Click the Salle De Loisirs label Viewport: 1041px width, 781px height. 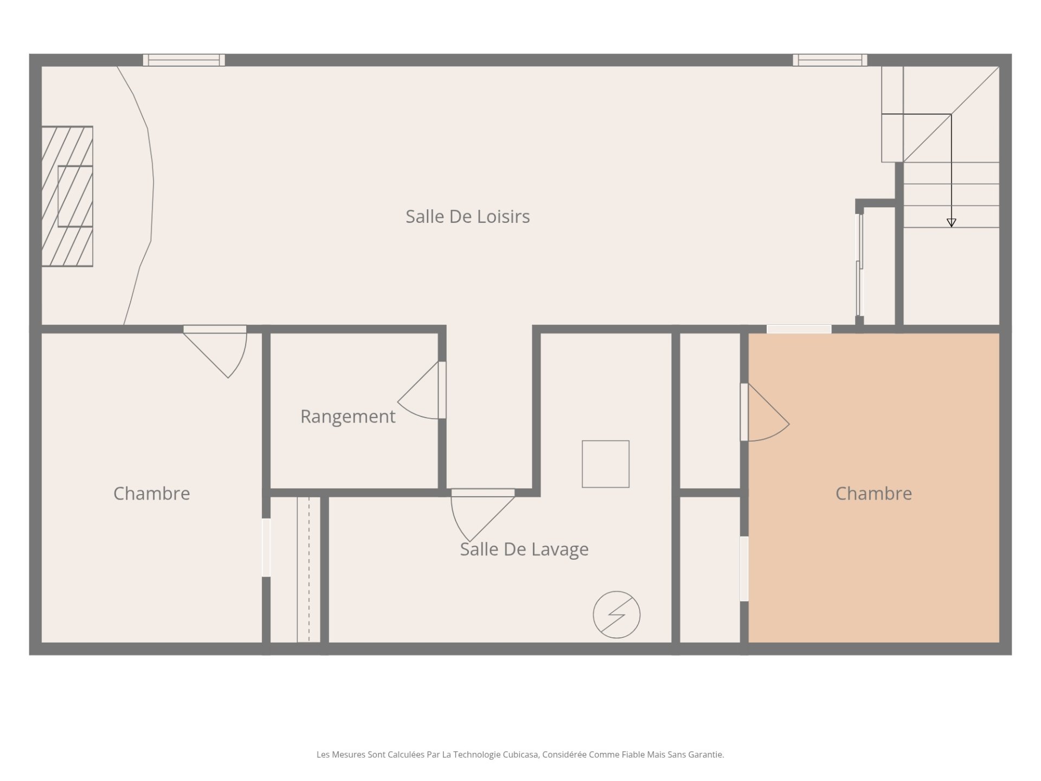[x=467, y=216]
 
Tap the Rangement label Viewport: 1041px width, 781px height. [x=348, y=417]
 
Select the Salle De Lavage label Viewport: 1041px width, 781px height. [x=524, y=549]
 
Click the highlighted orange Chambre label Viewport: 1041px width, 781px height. [x=873, y=494]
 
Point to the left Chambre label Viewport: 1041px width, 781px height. [x=152, y=494]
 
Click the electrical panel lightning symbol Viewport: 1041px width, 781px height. [x=616, y=614]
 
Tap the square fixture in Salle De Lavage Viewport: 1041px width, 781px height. [x=606, y=464]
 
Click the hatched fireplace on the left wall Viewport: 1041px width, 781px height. [x=67, y=196]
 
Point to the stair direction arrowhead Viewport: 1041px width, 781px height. [x=951, y=222]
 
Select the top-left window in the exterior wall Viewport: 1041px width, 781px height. [x=184, y=60]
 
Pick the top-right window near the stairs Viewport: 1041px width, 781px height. [x=830, y=60]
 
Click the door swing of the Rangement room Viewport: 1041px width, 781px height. [x=418, y=390]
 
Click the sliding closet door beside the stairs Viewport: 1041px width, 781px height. [x=859, y=265]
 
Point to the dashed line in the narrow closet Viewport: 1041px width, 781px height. [x=309, y=569]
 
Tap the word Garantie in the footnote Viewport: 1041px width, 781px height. [x=705, y=754]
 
